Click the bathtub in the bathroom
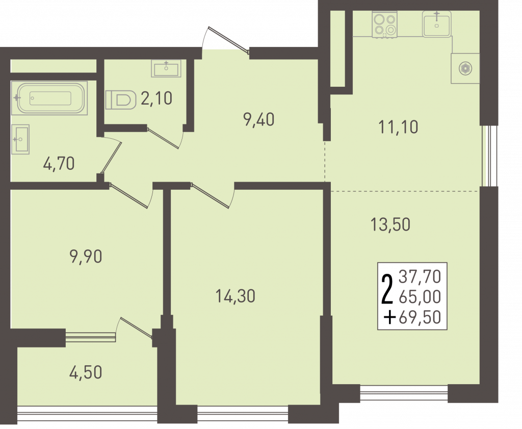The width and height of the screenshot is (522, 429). click(49, 98)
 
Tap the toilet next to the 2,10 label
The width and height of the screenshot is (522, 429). click(121, 100)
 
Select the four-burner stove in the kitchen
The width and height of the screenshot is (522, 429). click(385, 24)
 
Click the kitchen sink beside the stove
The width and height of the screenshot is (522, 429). click(437, 23)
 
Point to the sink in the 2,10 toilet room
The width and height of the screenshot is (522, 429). click(166, 68)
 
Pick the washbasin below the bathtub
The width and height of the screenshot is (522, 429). click(20, 139)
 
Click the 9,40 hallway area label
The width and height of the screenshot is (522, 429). click(259, 119)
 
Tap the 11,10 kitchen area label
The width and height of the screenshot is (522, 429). click(399, 127)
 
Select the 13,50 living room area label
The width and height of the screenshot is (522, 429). click(390, 224)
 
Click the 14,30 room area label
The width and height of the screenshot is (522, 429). click(236, 296)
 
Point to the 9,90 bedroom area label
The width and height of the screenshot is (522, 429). click(86, 257)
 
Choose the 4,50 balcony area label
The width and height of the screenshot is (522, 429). click(86, 372)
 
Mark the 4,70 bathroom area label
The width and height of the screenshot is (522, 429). click(59, 164)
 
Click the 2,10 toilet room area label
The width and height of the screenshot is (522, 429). click(156, 98)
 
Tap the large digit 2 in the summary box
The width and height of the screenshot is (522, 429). click(387, 289)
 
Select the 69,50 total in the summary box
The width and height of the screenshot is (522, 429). click(420, 317)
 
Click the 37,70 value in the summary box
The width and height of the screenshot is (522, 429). click(420, 276)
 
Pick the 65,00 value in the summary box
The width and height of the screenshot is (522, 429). click(420, 297)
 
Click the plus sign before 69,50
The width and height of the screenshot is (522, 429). click(389, 318)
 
